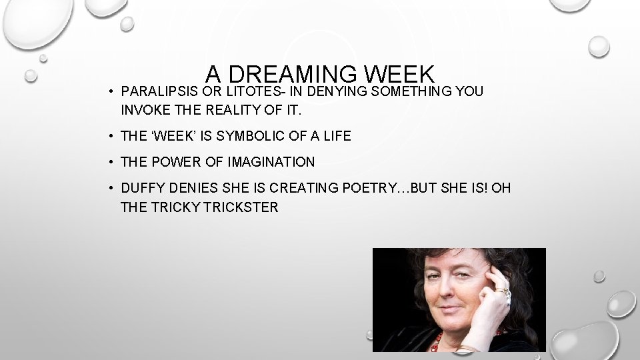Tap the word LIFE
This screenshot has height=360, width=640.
coord(336,136)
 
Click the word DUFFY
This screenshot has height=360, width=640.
coord(140,189)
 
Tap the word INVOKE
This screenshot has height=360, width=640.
coord(141,109)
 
